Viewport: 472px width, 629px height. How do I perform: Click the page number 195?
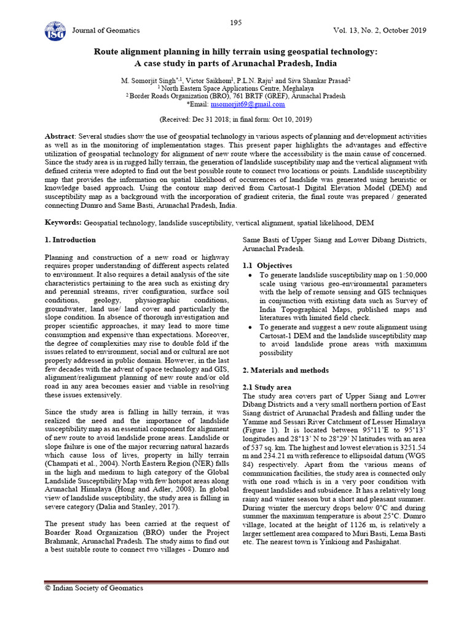point(236,23)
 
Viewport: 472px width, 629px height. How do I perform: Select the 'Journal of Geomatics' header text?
point(106,31)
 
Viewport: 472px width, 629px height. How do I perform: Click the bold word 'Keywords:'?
point(64,221)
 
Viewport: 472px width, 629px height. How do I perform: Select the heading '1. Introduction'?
point(71,240)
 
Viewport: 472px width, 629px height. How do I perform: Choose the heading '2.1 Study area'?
point(267,388)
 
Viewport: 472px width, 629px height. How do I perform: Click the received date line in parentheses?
point(235,119)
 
